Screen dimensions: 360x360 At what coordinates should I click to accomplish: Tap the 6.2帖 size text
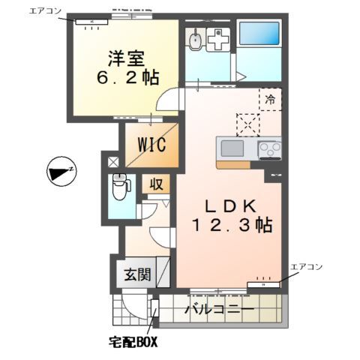(x=124, y=76)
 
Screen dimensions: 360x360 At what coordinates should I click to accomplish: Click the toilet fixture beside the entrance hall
(x=118, y=185)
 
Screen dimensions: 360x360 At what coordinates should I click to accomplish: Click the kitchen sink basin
(x=232, y=148)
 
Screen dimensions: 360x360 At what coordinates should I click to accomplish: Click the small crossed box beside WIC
(x=112, y=160)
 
